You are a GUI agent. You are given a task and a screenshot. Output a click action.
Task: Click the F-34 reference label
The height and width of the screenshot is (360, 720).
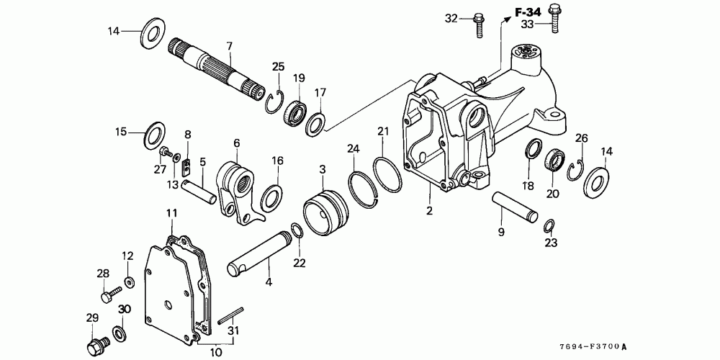pos(526,12)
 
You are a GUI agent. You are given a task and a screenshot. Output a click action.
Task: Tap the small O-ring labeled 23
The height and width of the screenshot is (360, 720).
pos(548,226)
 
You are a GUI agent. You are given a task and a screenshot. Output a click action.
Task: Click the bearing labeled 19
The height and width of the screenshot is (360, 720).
pos(295,113)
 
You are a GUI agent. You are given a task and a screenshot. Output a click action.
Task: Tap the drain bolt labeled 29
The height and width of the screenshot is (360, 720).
pos(95,346)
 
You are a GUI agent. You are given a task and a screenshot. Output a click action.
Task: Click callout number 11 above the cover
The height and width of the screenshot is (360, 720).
pos(171,213)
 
